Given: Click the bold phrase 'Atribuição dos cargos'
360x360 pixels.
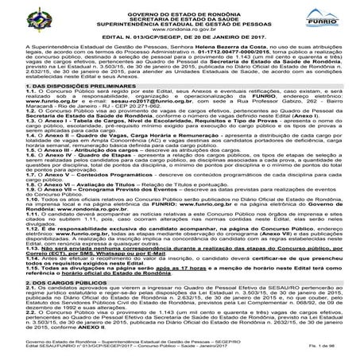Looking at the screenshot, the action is tap(95, 172).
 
